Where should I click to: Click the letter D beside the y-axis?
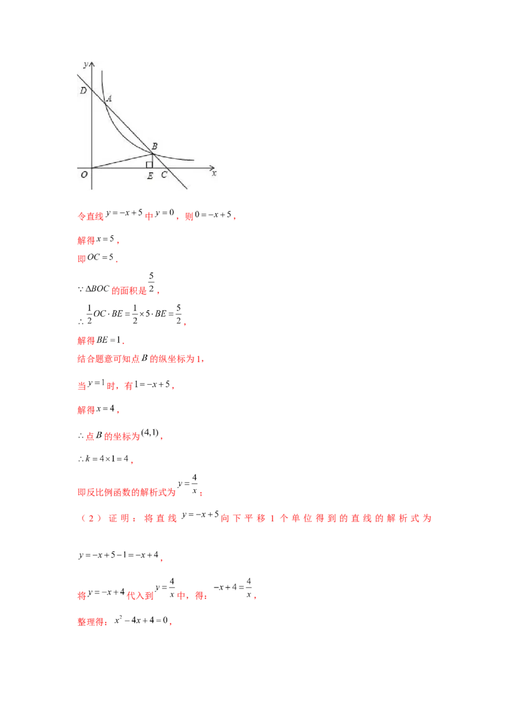[83, 91]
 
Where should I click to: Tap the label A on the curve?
[109, 99]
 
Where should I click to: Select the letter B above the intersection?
[155, 146]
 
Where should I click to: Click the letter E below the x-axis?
[150, 176]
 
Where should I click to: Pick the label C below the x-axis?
[164, 175]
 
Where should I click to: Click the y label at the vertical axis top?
[85, 65]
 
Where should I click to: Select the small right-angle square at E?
[150, 165]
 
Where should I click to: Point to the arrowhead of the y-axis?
[92, 64]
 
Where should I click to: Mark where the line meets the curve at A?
[105, 102]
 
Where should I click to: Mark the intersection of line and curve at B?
[153, 153]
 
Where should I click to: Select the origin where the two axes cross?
[92, 168]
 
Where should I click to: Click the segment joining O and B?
[122, 160]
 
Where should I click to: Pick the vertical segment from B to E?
[153, 160]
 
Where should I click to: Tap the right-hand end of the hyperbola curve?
[193, 160]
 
